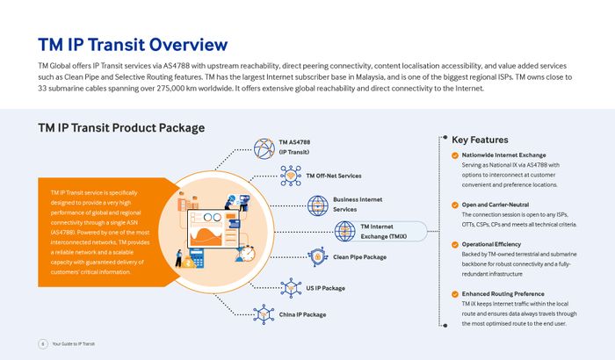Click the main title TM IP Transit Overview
133,45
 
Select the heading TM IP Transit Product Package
121,127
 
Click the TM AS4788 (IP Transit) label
294,147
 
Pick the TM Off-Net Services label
333,176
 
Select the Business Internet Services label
358,205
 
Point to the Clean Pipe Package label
359,257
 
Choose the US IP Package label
325,288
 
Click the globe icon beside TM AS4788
264,148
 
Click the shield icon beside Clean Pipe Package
318,256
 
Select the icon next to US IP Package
290,287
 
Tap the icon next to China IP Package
264,313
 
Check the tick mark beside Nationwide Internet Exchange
454,155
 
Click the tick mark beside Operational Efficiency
454,244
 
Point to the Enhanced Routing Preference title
503,293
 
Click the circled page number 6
42,343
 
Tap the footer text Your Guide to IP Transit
78,343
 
